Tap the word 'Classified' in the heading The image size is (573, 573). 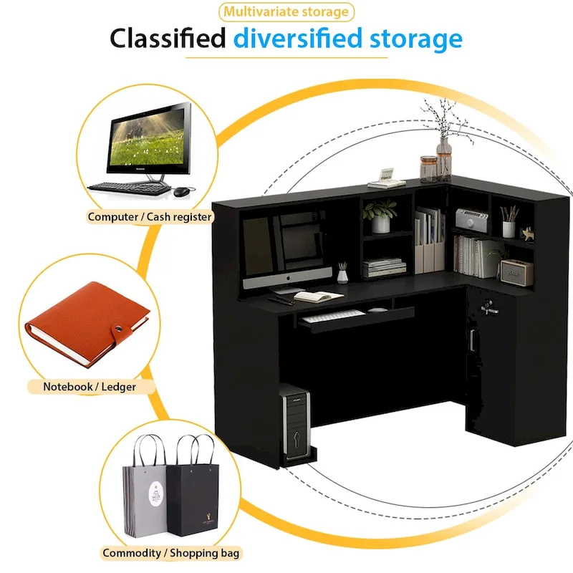click(x=168, y=38)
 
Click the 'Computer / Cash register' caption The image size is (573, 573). click(x=150, y=216)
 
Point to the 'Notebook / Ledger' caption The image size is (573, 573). click(x=89, y=387)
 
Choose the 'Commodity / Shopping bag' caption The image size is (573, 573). click(x=171, y=553)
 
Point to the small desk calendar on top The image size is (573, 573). click(x=387, y=175)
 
